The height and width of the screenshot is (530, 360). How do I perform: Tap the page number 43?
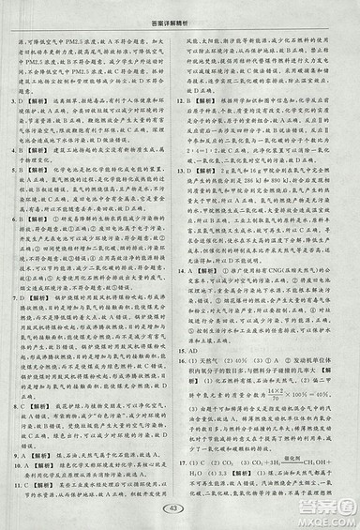click(x=179, y=507)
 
